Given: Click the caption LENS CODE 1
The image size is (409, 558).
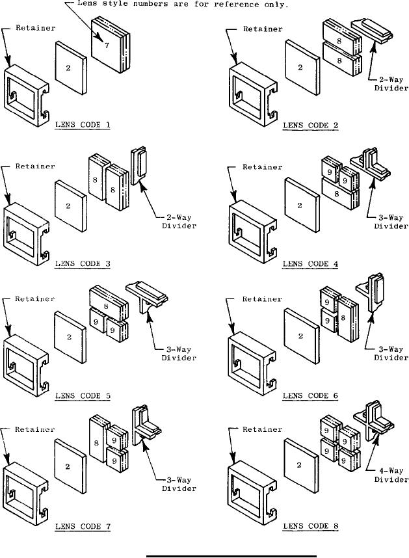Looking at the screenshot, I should (x=82, y=125).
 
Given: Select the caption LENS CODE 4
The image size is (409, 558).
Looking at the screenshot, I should (x=309, y=265).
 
